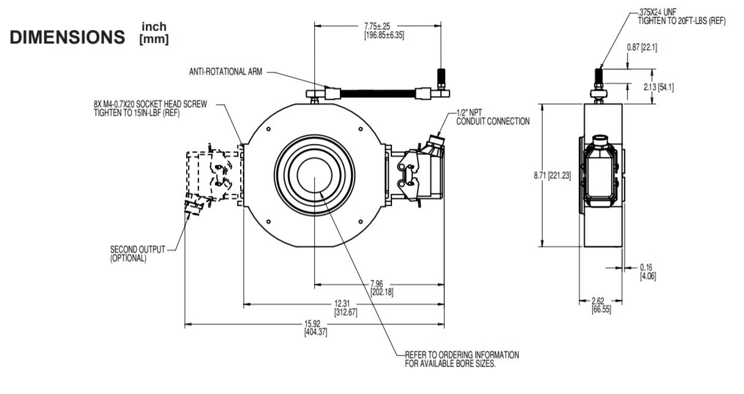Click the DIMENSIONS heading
[x=67, y=37]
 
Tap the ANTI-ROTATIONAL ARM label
[x=225, y=72]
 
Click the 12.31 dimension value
[x=345, y=308]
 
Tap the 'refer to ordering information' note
[x=462, y=359]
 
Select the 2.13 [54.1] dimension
[x=656, y=87]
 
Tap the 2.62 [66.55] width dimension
[x=600, y=305]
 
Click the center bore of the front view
[x=314, y=177]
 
